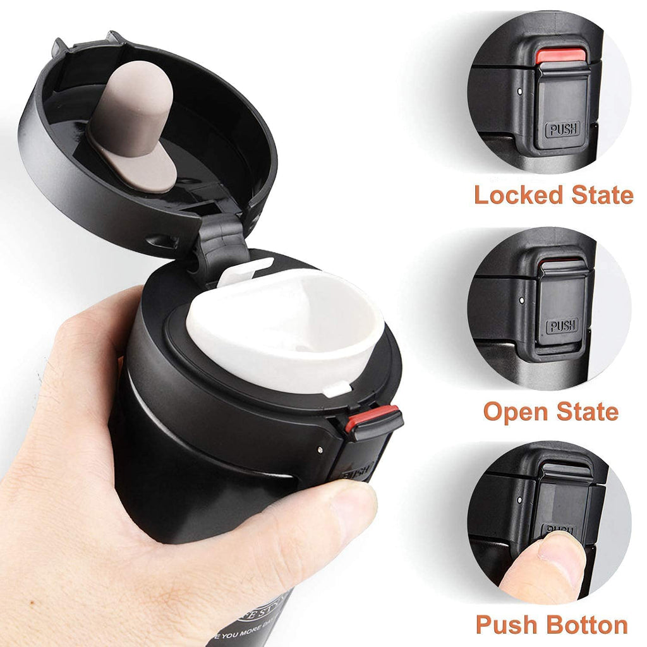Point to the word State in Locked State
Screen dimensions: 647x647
point(602,195)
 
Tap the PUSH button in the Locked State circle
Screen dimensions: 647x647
point(562,130)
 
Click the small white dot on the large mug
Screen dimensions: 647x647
point(320,449)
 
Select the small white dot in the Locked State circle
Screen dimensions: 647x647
point(519,91)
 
